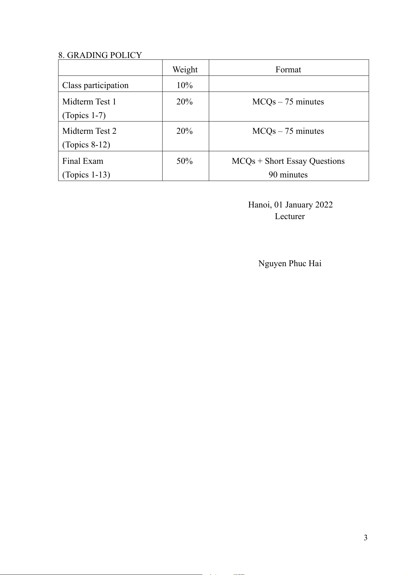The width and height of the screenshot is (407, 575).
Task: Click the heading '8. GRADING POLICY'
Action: (x=100, y=55)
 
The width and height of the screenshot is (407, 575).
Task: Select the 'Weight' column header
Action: (x=185, y=70)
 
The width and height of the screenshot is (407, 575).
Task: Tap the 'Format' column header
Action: (x=288, y=70)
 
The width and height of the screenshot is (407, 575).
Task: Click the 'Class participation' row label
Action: (x=95, y=85)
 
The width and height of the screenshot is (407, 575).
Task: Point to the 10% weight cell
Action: (x=185, y=85)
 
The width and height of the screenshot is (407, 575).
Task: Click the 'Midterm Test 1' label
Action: (x=89, y=102)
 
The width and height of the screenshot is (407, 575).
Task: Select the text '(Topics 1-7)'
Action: (x=84, y=115)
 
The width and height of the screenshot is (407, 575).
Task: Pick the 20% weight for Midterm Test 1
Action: (x=185, y=102)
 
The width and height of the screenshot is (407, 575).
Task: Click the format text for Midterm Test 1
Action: (x=288, y=102)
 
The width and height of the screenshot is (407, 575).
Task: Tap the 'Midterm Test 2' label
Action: (x=89, y=131)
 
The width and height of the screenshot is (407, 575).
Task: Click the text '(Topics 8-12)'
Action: (x=86, y=145)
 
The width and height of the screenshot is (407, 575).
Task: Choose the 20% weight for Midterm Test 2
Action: (x=185, y=131)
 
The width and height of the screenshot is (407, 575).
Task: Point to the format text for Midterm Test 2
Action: (x=288, y=131)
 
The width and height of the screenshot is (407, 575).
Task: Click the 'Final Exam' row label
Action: (x=83, y=161)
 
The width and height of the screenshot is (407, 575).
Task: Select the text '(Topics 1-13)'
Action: (x=86, y=175)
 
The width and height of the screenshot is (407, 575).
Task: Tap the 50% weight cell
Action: (x=185, y=161)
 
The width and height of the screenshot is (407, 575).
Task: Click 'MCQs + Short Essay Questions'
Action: (x=288, y=161)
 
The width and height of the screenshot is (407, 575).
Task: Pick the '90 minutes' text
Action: (x=288, y=175)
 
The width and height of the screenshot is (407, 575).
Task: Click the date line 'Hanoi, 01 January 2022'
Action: (x=290, y=205)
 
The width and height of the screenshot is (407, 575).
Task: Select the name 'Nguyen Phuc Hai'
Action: (x=290, y=263)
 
